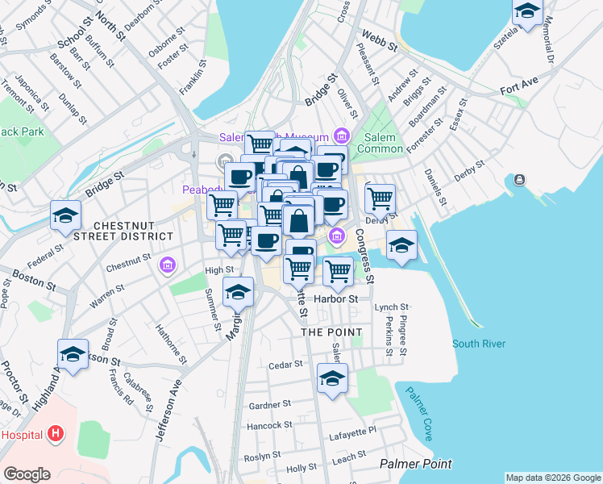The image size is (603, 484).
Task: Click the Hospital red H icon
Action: click(x=55, y=435)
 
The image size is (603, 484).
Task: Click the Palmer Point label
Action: click(x=415, y=463)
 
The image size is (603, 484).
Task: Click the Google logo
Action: click(x=27, y=474)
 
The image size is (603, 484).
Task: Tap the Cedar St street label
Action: click(x=285, y=364)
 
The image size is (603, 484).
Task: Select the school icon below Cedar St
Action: click(x=331, y=378)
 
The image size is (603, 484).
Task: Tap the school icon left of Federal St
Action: click(x=65, y=215)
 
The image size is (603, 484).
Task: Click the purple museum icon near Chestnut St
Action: click(x=168, y=265)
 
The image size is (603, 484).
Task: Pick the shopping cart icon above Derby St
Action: click(x=379, y=196)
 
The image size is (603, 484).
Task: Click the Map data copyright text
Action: click(x=553, y=478)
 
